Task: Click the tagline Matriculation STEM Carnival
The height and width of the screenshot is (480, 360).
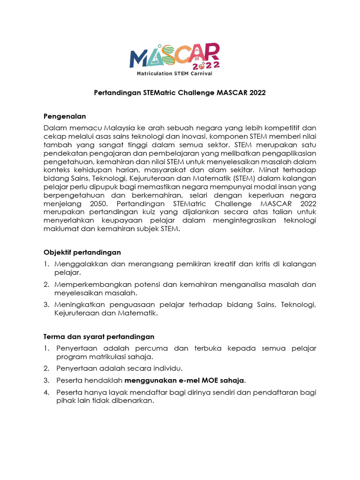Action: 174,74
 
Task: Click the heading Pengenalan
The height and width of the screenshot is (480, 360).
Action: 65,116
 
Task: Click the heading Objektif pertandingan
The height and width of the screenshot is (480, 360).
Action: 82,252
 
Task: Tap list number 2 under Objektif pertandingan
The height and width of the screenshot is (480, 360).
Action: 46,285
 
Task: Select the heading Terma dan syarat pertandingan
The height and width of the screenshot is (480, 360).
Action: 98,337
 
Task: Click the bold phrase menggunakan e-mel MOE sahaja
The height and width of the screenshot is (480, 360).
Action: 184,380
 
